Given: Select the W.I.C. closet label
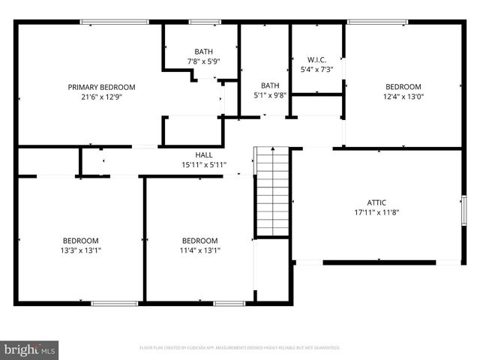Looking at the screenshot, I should pyautogui.click(x=316, y=60).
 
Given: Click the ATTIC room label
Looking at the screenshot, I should pyautogui.click(x=376, y=202).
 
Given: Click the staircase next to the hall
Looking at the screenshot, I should pyautogui.click(x=272, y=191).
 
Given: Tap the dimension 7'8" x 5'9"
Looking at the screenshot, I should pyautogui.click(x=203, y=61).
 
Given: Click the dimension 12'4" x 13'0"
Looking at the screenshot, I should pyautogui.click(x=403, y=96).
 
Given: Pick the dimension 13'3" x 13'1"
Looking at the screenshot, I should pyautogui.click(x=80, y=250).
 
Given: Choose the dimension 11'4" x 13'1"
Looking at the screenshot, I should pyautogui.click(x=200, y=250).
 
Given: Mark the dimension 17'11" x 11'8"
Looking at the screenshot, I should pyautogui.click(x=376, y=212).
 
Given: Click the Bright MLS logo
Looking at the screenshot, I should pyautogui.click(x=30, y=349).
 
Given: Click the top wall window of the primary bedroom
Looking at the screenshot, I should pyautogui.click(x=115, y=22).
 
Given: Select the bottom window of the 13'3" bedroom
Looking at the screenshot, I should pyautogui.click(x=114, y=303).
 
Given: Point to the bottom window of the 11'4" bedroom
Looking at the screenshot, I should pyautogui.click(x=229, y=303).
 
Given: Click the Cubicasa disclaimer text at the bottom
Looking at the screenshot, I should pyautogui.click(x=240, y=348).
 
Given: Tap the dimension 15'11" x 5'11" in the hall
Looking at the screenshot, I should pyautogui.click(x=203, y=164).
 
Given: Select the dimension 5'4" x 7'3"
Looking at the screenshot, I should pyautogui.click(x=316, y=70).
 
